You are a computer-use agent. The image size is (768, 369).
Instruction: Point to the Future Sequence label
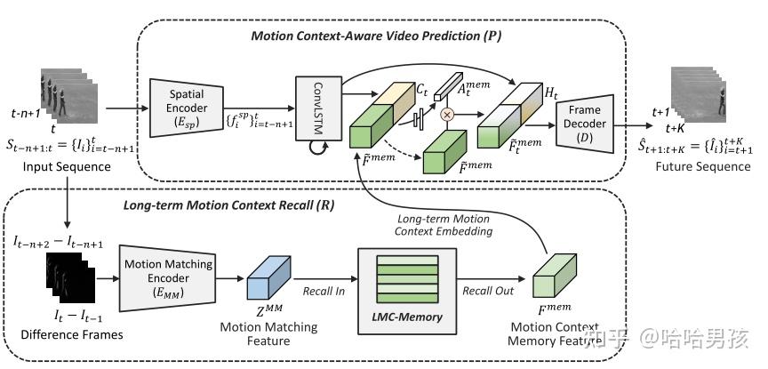pos(702,166)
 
